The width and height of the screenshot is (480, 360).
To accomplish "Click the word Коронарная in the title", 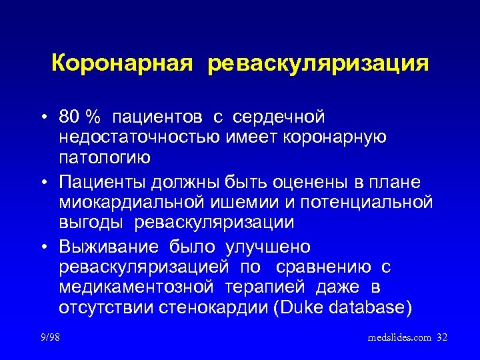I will pos(123,64).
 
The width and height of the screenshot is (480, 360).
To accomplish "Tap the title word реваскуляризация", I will pos(318,64).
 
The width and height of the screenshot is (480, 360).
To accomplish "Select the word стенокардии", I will pos(211,308).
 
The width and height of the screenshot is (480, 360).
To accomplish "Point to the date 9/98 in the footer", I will pos(49,338).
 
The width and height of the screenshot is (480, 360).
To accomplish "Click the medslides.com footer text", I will pos(399,338).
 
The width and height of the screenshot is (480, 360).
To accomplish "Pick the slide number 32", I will pos(441,338).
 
